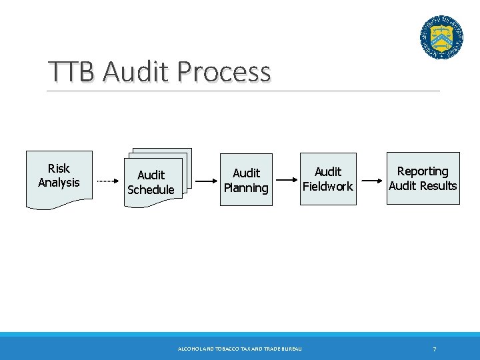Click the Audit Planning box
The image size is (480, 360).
point(246,181)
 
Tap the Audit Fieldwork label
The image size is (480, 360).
point(327,179)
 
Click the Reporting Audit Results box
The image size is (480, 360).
point(423,179)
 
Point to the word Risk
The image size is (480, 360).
point(59,169)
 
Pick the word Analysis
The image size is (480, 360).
point(59,183)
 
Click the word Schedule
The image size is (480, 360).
point(151,189)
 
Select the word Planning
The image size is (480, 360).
point(246,188)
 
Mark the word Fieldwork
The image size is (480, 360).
point(327,187)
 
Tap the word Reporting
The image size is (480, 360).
point(423,171)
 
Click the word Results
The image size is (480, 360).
point(438,186)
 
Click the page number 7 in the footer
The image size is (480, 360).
point(435,349)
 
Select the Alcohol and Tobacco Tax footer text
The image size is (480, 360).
point(240,349)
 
